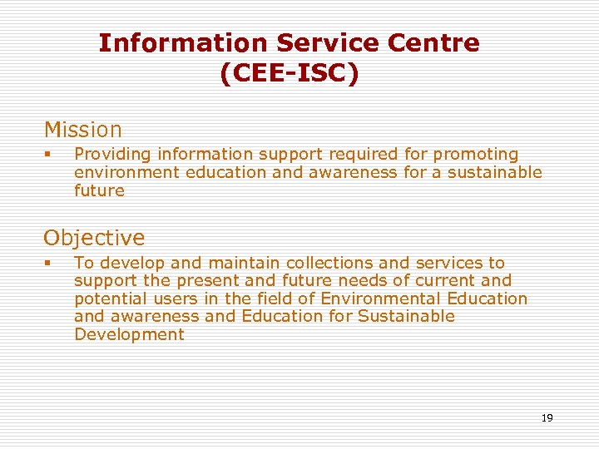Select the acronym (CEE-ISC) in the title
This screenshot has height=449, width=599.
(290, 73)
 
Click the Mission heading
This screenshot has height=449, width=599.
(83, 130)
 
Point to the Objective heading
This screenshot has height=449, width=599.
(94, 238)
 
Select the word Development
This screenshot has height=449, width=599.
(129, 334)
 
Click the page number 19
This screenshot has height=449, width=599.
(547, 418)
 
